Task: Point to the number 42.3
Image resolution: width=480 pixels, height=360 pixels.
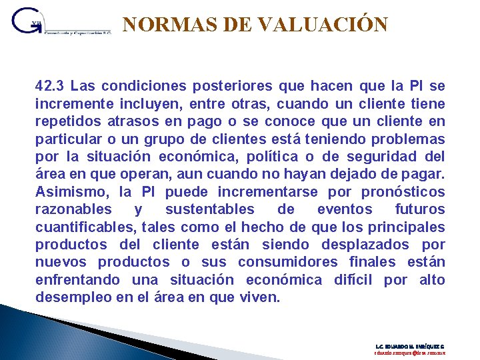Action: click(x=50, y=86)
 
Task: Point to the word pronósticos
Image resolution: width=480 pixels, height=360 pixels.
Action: click(x=403, y=191)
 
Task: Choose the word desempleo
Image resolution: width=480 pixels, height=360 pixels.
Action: click(x=71, y=297)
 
